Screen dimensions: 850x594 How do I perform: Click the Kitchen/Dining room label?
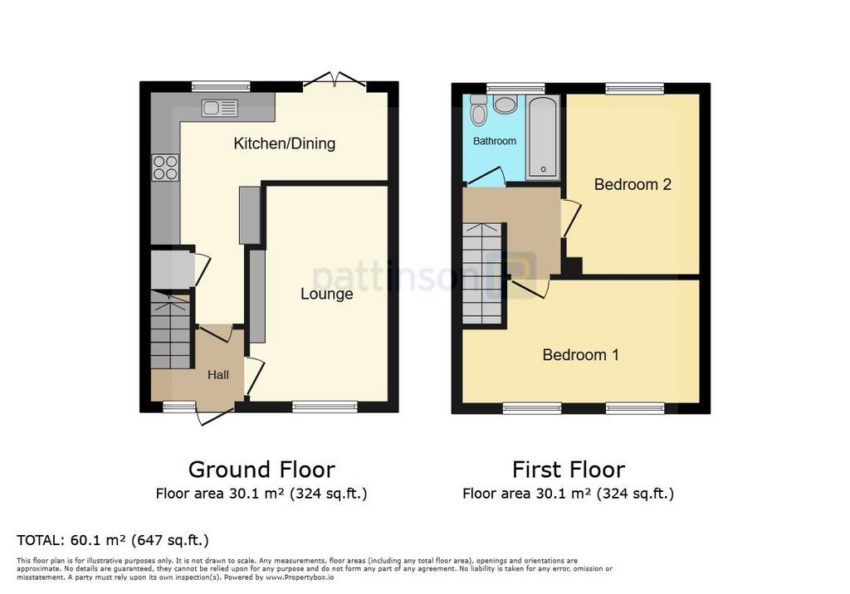(285, 144)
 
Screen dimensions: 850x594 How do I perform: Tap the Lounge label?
(327, 294)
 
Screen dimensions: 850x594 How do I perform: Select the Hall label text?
(218, 374)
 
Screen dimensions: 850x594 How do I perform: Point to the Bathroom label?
(495, 141)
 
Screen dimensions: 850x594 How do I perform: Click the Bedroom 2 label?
(633, 184)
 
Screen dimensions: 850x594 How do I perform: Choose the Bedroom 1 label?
(580, 354)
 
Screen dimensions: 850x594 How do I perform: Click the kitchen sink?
(219, 108)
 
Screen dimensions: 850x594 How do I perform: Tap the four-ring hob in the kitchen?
(165, 167)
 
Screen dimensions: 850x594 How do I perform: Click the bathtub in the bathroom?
(543, 138)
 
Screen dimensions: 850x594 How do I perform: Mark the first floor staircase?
(482, 273)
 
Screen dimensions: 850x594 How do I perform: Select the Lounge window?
(325, 407)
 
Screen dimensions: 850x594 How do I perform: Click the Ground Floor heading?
(261, 470)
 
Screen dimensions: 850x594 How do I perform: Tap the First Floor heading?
(569, 470)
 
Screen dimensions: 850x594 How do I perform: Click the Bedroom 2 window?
(635, 88)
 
